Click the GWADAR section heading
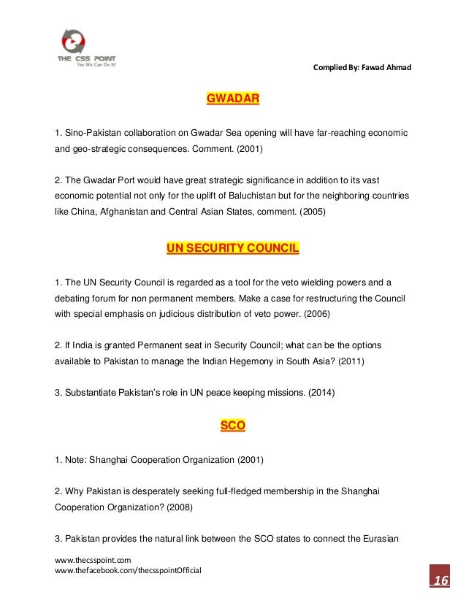click(x=233, y=97)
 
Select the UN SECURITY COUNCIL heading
click(x=233, y=249)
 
